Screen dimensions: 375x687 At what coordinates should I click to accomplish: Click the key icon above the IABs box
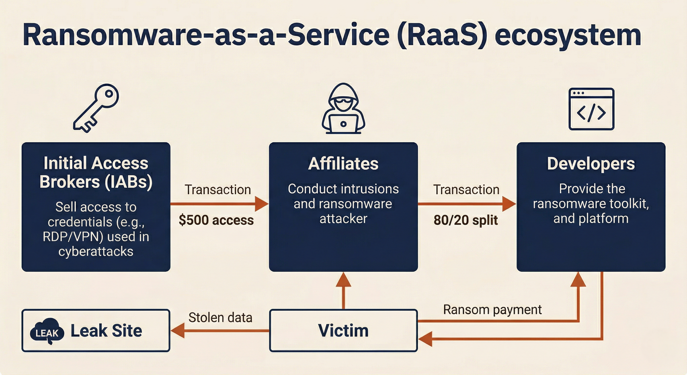96,108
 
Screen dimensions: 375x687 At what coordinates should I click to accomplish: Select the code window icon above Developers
591,109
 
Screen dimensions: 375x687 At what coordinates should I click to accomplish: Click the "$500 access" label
216,220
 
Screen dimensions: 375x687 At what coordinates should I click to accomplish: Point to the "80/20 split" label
466,220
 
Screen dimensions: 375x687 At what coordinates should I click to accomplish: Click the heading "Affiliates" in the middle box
343,164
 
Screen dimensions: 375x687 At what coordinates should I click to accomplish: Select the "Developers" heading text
591,164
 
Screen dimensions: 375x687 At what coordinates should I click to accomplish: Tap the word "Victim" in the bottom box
343,330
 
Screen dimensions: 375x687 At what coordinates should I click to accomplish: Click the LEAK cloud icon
47,332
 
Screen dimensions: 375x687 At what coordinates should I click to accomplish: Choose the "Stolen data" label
220,318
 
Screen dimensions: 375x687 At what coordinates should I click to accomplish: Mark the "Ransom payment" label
492,310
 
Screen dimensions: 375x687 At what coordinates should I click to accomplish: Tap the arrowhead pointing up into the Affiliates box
343,280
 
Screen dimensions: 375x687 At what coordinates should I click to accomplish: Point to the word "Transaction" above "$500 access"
218,190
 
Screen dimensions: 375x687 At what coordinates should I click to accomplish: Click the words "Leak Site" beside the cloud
106,331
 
